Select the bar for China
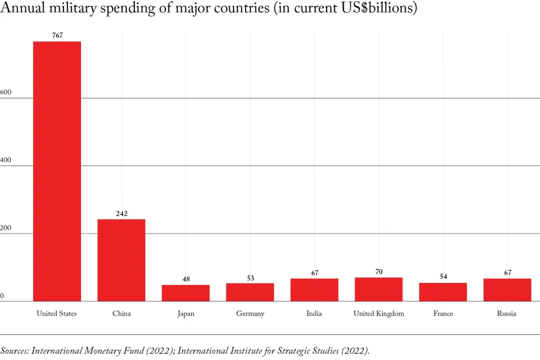pos(122,260)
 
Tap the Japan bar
pos(186,293)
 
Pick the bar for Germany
pos(250,292)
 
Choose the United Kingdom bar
pos(379,289)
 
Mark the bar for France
pos(443,292)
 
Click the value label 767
pos(57,35)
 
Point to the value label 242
pos(122,213)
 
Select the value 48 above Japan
pos(186,279)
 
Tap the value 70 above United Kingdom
pos(379,272)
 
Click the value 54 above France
pos(443,277)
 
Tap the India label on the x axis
pos(314,313)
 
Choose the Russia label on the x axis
pos(507,313)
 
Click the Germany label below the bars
pos(250,313)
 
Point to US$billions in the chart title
pos(378,9)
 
